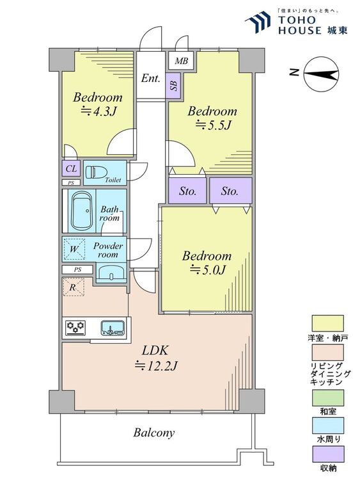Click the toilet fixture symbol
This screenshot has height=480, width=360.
point(96,172)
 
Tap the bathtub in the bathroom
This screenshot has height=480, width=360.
point(82,211)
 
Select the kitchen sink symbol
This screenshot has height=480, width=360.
point(113,328)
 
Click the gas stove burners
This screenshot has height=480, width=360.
point(75,327)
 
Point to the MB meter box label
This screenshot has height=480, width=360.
point(182,61)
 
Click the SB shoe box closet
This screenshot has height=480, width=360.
point(173,86)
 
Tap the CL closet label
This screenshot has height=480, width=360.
point(71,168)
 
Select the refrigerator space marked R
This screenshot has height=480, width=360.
point(73,287)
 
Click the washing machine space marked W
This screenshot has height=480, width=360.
point(74,249)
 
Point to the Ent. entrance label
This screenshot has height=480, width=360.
point(150,78)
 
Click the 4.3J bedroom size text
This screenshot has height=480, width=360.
point(98,112)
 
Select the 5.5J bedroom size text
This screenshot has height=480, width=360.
point(212,125)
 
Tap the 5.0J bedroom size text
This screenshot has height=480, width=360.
point(208,270)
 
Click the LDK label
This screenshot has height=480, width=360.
point(155,350)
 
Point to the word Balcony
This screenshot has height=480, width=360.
point(154,433)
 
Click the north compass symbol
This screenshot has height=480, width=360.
point(321,74)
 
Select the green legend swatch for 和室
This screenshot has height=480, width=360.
point(327,397)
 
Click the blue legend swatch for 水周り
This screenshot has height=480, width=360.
point(327,426)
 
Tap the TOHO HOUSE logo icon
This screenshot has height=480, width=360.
point(258,22)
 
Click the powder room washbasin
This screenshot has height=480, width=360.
point(111,273)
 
